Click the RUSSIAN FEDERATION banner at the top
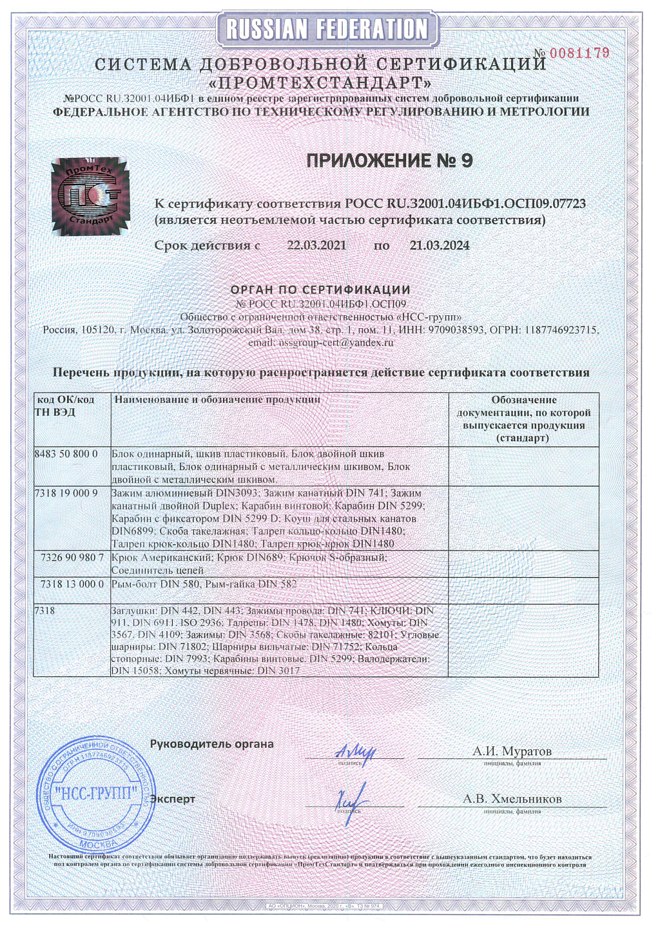(327, 29)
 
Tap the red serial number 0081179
(579, 53)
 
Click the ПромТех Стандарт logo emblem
(90, 196)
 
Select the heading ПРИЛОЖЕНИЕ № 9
(389, 161)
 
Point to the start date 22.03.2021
(316, 246)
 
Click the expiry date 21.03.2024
(440, 246)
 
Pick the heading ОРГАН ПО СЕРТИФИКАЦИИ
(320, 290)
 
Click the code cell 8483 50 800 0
(66, 454)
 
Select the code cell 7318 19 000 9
(66, 493)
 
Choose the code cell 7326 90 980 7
(72, 557)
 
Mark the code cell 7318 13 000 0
(72, 584)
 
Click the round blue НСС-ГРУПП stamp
(96, 792)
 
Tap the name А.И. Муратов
(512, 751)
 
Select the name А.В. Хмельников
(512, 799)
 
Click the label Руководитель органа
(212, 744)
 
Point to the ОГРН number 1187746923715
(561, 330)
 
